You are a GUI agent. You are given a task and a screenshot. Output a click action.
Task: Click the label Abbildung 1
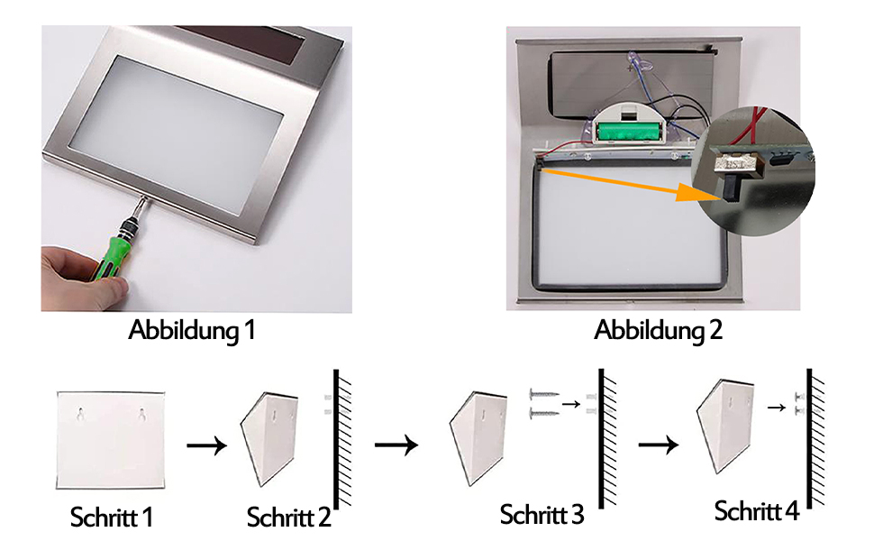[192, 330]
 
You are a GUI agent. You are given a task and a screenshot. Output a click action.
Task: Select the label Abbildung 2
[658, 330]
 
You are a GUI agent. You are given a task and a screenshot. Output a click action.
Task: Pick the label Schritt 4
[756, 511]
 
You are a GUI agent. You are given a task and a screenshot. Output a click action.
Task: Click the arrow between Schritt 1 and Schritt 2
[206, 445]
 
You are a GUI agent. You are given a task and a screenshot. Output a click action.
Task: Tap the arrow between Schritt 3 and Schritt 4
[659, 445]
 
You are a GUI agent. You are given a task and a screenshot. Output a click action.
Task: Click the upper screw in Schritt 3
[543, 396]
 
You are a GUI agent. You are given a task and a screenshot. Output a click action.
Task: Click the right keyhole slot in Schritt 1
[142, 416]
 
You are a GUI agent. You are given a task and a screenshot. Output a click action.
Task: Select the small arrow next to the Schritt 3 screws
[570, 404]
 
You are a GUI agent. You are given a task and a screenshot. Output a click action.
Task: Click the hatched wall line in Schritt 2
[337, 437]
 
